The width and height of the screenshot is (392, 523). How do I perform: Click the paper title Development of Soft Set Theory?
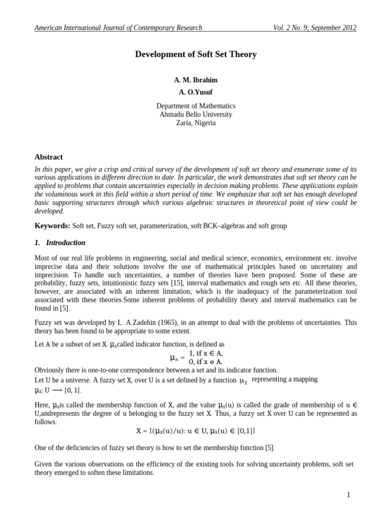point(195,54)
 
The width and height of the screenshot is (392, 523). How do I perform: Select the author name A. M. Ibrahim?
point(195,80)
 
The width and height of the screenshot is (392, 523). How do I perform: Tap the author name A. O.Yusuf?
point(195,92)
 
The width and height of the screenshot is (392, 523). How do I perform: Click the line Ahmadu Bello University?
point(195,114)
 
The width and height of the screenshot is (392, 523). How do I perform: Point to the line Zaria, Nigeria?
point(195,123)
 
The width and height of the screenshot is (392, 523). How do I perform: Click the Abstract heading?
point(48,157)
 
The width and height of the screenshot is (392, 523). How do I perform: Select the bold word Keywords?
point(52,225)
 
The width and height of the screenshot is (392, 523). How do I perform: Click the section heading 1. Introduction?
point(60,243)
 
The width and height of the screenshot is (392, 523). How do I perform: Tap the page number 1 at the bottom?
point(348,494)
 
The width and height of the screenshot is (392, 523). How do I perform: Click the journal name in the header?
point(118,28)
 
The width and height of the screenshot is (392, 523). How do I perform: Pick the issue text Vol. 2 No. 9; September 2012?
point(315,28)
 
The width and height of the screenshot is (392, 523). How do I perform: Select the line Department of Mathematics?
point(195,106)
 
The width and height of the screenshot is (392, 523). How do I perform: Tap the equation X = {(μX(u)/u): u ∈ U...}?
point(195,431)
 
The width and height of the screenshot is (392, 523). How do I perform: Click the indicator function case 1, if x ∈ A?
point(206,353)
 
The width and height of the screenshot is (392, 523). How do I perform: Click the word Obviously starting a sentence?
point(50,370)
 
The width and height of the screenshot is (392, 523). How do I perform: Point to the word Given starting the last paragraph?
point(44,464)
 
